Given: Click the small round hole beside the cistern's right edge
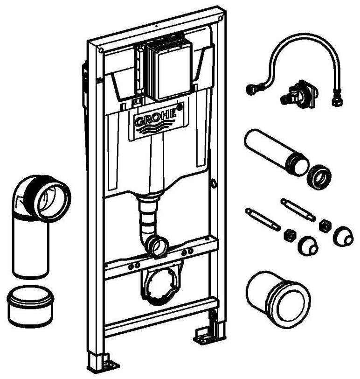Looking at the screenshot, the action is tap(214, 183).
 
